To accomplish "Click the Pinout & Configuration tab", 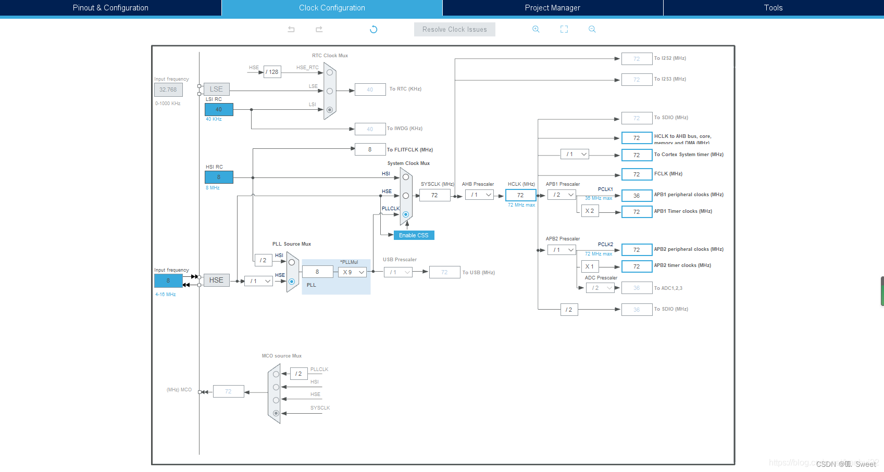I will pyautogui.click(x=110, y=8).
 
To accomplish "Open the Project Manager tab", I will pyautogui.click(x=552, y=8).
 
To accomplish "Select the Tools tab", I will pyautogui.click(x=773, y=8).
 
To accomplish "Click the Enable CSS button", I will pyautogui.click(x=414, y=235).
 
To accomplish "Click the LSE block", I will pyautogui.click(x=216, y=89).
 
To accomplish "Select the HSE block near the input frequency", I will pyautogui.click(x=216, y=280).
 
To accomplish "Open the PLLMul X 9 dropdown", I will pyautogui.click(x=353, y=272).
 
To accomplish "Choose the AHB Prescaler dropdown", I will pyautogui.click(x=479, y=195).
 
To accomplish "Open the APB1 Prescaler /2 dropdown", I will pyautogui.click(x=562, y=195).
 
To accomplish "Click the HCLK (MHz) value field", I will pyautogui.click(x=520, y=195).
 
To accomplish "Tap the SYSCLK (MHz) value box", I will pyautogui.click(x=434, y=195).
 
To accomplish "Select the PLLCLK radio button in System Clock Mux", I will pyautogui.click(x=406, y=214).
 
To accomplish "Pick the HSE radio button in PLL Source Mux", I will pyautogui.click(x=292, y=282).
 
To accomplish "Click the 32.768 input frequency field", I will pyautogui.click(x=168, y=90).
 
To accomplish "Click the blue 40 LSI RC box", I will pyautogui.click(x=219, y=109).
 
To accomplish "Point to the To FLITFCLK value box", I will pyautogui.click(x=370, y=149).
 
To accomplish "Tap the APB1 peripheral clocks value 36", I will pyautogui.click(x=637, y=196).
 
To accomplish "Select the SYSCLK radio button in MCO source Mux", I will pyautogui.click(x=276, y=413).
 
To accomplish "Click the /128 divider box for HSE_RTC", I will pyautogui.click(x=272, y=72).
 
